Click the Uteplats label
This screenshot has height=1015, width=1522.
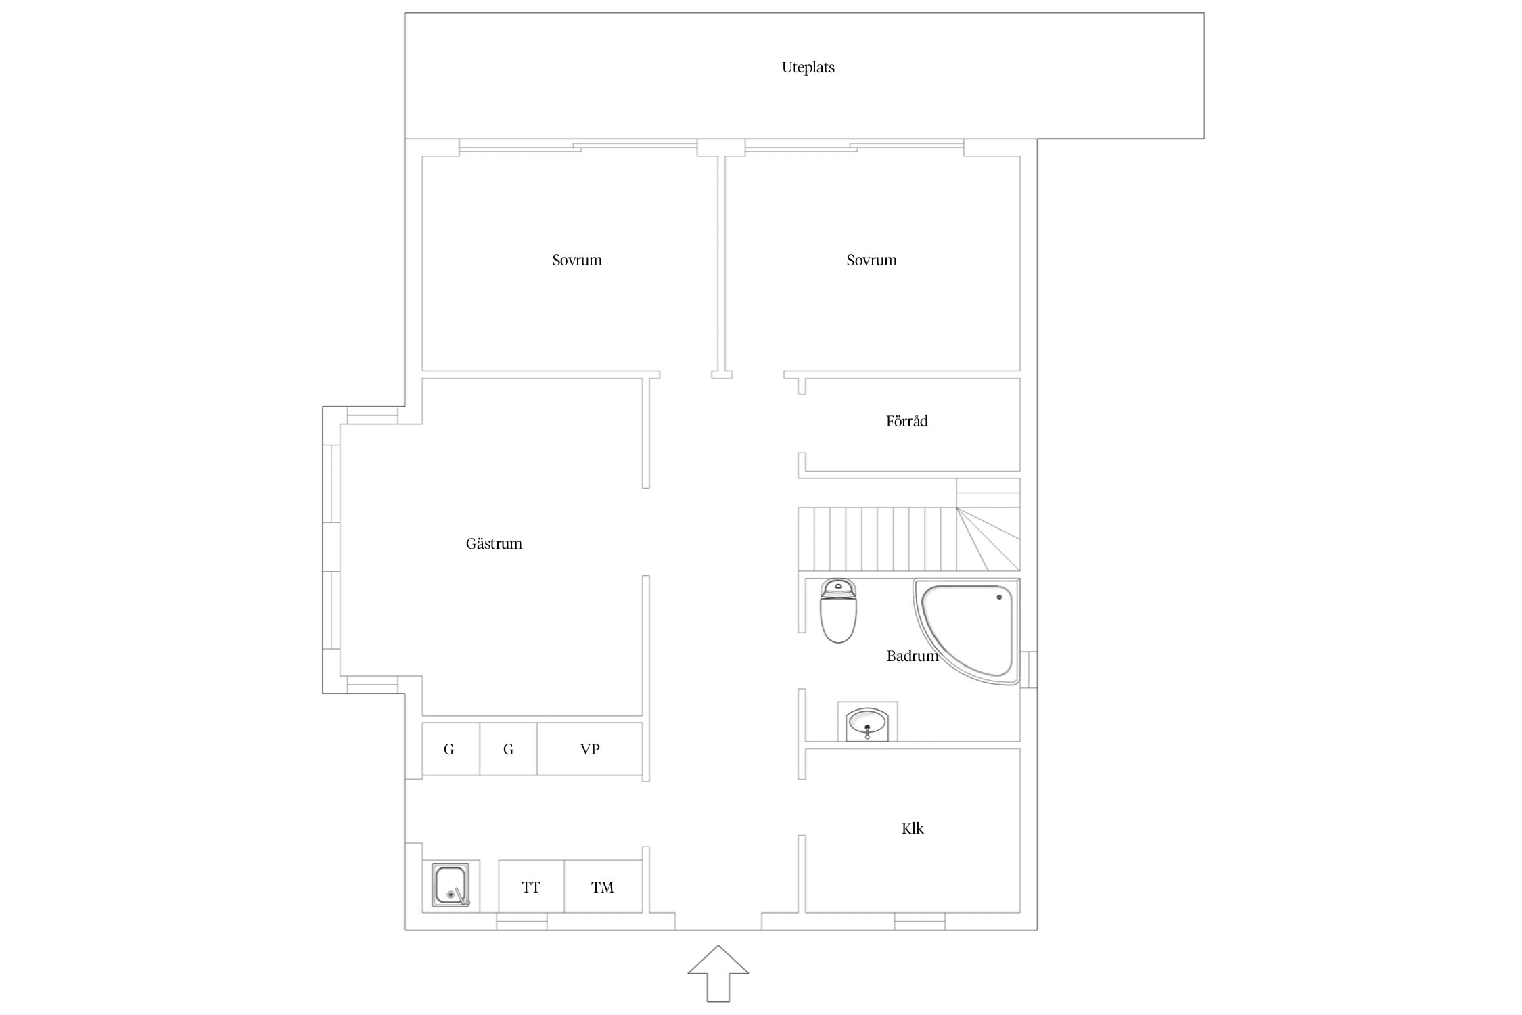808,67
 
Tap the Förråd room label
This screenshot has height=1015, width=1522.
906,421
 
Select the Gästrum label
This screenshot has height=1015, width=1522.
494,543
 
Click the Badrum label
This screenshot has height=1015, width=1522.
913,656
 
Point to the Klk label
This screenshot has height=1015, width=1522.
913,828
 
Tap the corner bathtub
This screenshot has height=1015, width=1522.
967,631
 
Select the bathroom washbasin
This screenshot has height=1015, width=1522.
867,724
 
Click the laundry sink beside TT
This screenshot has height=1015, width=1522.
451,885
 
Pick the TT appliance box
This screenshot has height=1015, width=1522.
531,886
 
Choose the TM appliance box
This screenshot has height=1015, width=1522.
603,886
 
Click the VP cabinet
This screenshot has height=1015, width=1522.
590,749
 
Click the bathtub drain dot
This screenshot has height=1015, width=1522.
999,597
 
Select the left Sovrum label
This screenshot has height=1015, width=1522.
577,260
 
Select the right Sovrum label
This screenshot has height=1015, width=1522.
871,260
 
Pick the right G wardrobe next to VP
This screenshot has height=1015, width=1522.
508,749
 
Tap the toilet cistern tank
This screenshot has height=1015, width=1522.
838,588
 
